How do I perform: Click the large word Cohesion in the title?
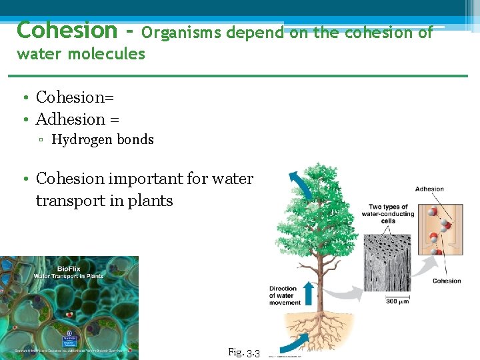tap(66, 30)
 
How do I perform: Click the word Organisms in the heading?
tap(181, 32)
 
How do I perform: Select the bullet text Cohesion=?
tap(75, 97)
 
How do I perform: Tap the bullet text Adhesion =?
tap(77, 119)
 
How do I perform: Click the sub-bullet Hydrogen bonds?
tap(103, 140)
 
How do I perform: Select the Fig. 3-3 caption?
tap(243, 352)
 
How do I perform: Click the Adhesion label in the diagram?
tap(429, 189)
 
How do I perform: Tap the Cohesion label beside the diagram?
tap(446, 281)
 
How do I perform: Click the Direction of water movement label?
tap(284, 295)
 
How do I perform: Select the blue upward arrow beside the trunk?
tap(309, 293)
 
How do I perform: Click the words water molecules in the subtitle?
tap(81, 54)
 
